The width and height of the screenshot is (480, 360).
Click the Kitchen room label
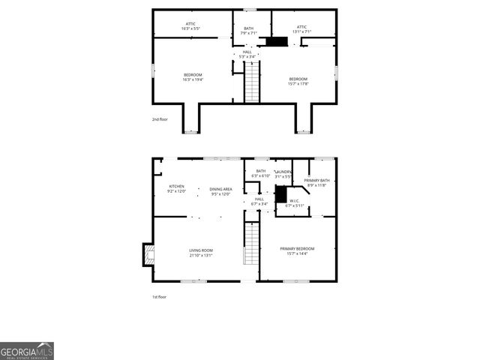[176, 188]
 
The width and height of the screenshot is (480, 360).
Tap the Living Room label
[201, 253]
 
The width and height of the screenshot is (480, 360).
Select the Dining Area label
[220, 191]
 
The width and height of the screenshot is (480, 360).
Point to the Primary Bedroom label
[297, 250]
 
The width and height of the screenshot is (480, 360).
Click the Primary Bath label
[316, 182]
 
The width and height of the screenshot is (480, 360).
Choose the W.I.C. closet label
[292, 202]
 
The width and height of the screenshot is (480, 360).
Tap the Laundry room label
[283, 174]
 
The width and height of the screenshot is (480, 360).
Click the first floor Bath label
[261, 173]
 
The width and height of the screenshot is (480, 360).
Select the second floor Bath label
[249, 31]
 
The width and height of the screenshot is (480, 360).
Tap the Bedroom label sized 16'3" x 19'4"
[193, 77]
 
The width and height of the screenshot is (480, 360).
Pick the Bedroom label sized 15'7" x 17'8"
[298, 81]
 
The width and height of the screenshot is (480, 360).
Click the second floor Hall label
[247, 53]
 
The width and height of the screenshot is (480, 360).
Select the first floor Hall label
[259, 201]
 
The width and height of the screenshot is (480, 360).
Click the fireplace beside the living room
[148, 256]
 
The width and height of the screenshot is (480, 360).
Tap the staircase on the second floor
[252, 82]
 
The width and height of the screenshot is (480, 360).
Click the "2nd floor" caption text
[159, 119]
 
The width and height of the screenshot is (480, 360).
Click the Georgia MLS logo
[27, 351]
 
